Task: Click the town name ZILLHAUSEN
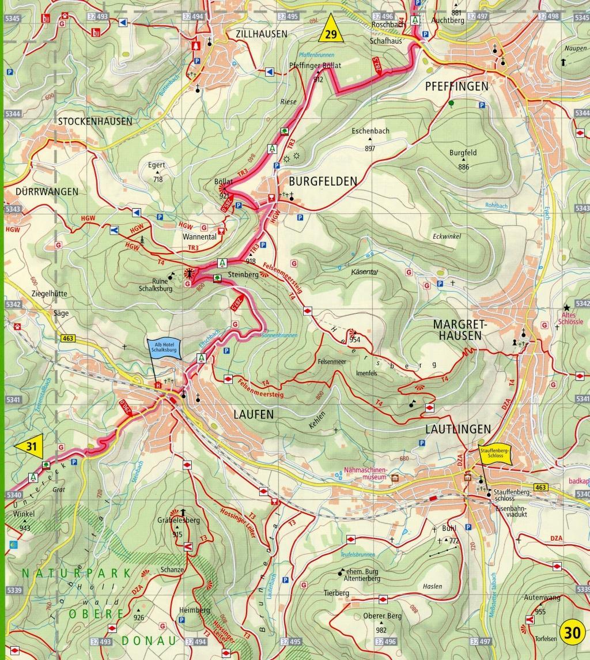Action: click(x=262, y=34)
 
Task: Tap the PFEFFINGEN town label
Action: click(x=456, y=86)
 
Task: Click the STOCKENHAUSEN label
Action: click(x=94, y=121)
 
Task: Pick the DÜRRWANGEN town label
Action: click(x=39, y=191)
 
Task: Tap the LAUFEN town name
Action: click(x=253, y=414)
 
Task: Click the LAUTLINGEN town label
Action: click(x=457, y=429)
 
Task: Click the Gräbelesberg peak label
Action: click(x=178, y=521)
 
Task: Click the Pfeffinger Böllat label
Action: click(x=315, y=66)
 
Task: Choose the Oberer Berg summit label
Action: click(x=382, y=616)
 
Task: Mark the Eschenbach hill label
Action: click(x=370, y=131)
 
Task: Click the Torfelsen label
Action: click(x=544, y=639)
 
